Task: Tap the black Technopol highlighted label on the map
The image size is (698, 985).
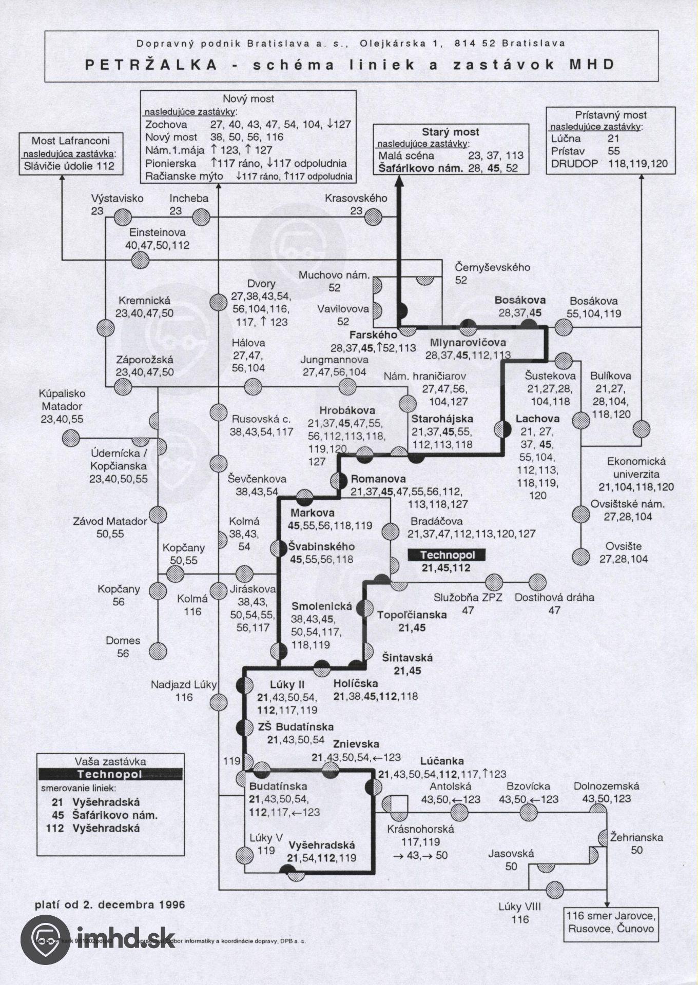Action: click(447, 555)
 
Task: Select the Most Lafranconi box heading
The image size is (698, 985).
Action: click(70, 141)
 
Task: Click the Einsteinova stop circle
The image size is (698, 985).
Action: click(140, 260)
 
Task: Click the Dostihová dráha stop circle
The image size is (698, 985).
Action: click(537, 583)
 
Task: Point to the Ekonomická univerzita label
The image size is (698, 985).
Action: click(635, 467)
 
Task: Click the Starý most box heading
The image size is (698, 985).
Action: click(452, 132)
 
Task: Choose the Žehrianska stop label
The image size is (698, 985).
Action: click(636, 838)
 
